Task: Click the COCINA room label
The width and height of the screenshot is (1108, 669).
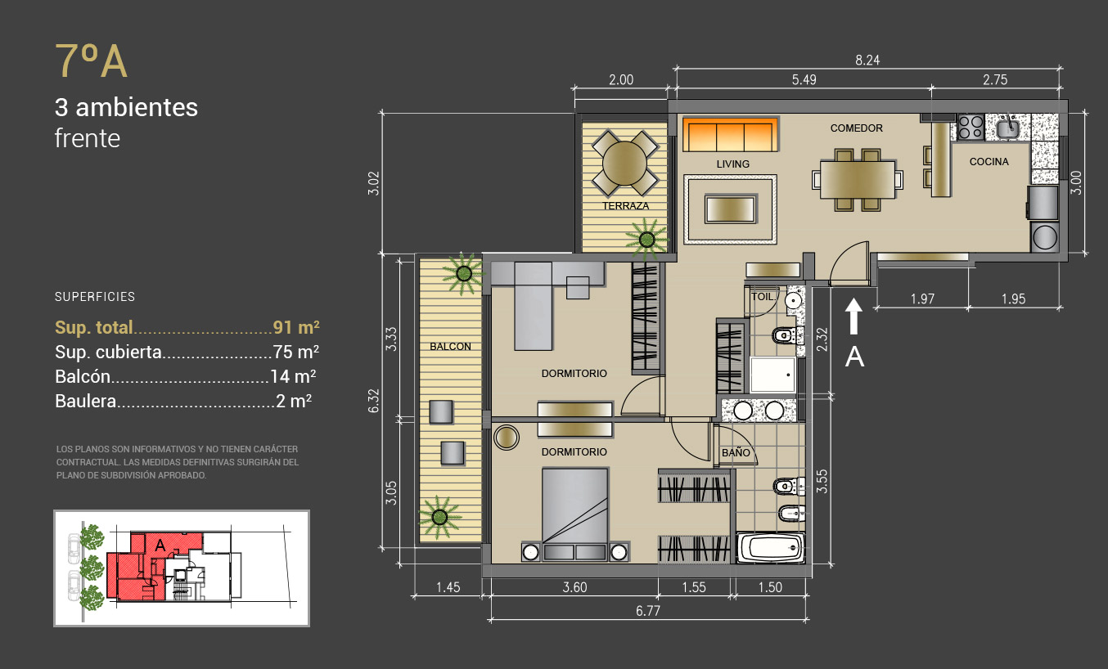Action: [x=989, y=162]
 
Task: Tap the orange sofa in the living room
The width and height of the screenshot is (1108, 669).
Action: [x=731, y=134]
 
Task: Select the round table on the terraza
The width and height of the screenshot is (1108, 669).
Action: [x=624, y=164]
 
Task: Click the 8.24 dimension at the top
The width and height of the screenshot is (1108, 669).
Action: [x=867, y=61]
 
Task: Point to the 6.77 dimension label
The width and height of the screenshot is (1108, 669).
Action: [x=648, y=611]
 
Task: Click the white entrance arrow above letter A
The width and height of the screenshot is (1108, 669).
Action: [x=854, y=317]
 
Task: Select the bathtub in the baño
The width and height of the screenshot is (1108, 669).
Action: [x=771, y=548]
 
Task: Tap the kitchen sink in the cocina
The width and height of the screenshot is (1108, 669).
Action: [x=1007, y=128]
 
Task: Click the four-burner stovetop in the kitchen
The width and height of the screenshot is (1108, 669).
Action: [x=971, y=127]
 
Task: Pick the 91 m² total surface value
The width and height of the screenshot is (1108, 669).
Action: [x=296, y=327]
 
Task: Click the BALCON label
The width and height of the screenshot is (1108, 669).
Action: [x=450, y=347]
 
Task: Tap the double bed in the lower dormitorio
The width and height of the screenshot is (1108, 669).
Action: [x=574, y=514]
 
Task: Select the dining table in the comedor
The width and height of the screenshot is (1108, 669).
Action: [x=858, y=179]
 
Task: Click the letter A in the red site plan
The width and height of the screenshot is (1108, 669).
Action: [x=160, y=546]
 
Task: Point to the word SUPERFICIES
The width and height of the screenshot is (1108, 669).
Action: [x=95, y=297]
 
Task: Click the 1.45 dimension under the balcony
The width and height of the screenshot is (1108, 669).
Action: [x=448, y=587]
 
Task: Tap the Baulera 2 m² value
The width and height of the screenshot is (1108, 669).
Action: [x=294, y=401]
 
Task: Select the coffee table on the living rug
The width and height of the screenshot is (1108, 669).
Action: [x=731, y=209]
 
